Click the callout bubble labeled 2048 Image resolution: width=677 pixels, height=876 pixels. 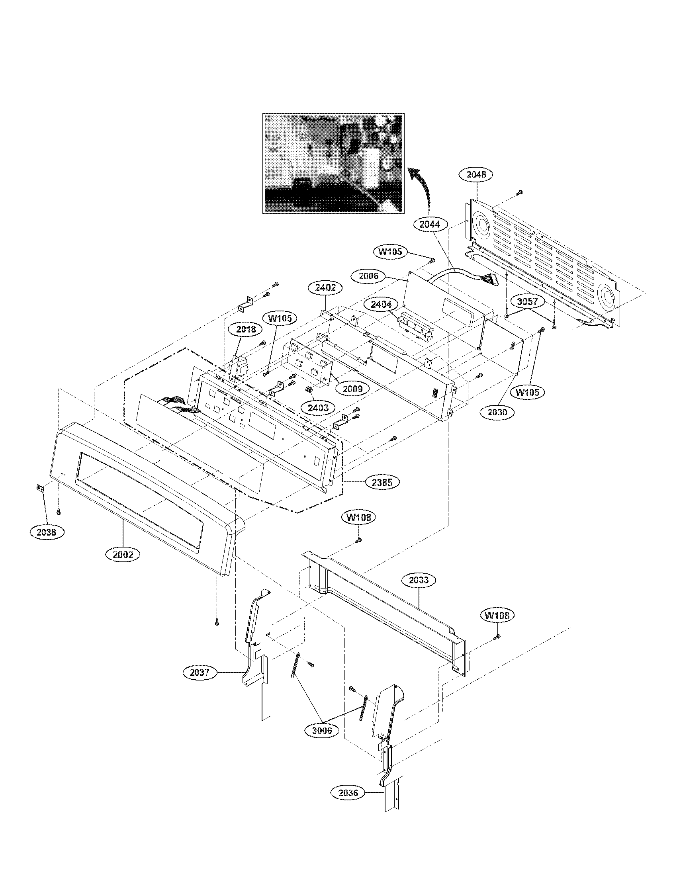pos(475,174)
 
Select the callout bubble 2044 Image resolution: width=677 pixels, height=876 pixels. pos(430,225)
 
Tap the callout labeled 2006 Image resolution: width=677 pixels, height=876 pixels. pos(368,276)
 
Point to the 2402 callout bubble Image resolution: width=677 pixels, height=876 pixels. pos(325,287)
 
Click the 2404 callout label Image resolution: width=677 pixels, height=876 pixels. pos(381,305)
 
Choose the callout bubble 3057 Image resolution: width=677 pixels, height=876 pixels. pos(527,302)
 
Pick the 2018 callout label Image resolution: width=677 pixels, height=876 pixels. pos(246,329)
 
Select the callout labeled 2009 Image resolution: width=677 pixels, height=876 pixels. pos(352,388)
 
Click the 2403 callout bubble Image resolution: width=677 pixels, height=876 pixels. pos(318,408)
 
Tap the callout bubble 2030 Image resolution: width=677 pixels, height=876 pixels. pos(497,412)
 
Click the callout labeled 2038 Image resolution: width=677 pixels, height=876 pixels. pos(47,532)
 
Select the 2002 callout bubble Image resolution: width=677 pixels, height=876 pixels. pos(123,555)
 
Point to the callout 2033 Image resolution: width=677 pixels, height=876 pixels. pos(419,580)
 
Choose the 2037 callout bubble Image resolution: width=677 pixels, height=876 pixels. pos(200,672)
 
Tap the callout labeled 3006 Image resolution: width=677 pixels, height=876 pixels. pos(322,730)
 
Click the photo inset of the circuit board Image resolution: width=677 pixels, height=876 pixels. pos(333,163)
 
